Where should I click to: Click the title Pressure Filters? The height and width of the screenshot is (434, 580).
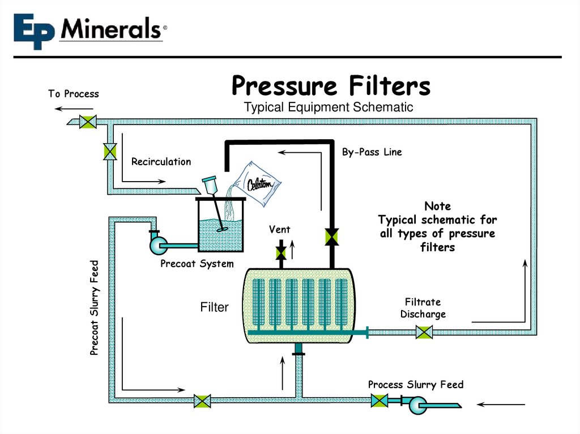[331, 87]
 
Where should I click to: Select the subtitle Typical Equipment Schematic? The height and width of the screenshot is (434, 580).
[329, 107]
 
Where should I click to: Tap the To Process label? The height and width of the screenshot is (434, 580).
[74, 94]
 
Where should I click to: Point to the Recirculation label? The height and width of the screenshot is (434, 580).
[161, 162]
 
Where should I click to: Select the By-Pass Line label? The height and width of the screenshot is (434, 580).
[372, 152]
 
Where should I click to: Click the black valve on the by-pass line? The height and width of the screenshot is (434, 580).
[332, 237]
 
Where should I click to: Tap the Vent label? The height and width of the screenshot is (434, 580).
[280, 229]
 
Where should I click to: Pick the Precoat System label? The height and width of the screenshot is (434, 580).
[197, 264]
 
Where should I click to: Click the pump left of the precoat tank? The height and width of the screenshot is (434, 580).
[157, 244]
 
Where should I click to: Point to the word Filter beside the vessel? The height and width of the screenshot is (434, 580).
[214, 308]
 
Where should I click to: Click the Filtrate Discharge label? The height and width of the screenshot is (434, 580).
[423, 308]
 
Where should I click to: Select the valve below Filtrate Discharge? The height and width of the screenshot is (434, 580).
[424, 332]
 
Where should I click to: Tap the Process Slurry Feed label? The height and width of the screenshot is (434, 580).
[416, 385]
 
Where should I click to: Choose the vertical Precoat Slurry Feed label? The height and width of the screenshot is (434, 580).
[95, 308]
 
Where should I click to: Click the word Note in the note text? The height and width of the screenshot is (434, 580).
[437, 207]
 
